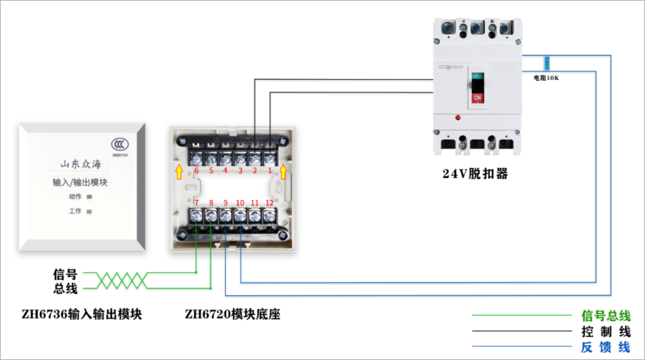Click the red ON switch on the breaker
tap(477, 97)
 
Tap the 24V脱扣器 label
tap(475, 174)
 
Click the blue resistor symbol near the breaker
tap(546, 63)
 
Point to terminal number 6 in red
tap(196, 171)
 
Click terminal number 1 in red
tap(269, 171)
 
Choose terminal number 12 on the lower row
tap(269, 203)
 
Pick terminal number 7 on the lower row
tap(196, 203)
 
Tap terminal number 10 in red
tap(240, 203)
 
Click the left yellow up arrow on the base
tap(178, 173)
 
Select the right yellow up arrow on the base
tap(284, 173)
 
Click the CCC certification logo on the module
tap(119, 144)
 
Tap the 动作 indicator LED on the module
tap(90, 196)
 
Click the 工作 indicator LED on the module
tap(90, 211)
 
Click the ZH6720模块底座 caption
tap(232, 314)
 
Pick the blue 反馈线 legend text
tap(606, 347)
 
